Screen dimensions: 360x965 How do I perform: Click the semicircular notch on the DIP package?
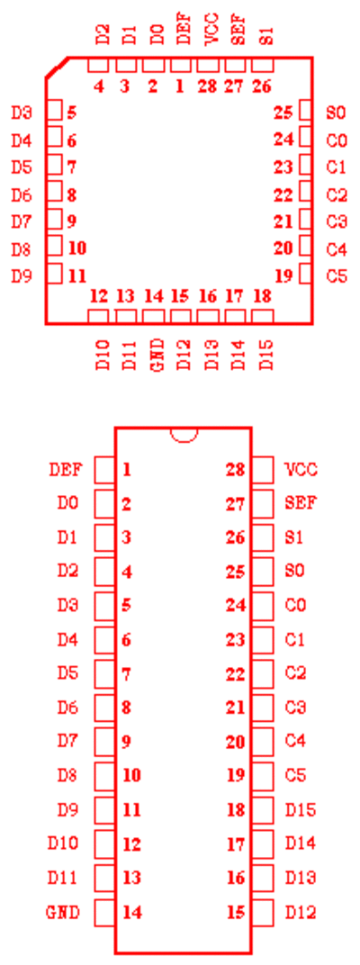[x=184, y=439]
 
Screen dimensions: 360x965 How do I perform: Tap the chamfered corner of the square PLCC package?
[x=56, y=68]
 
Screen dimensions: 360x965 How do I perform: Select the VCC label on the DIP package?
[x=301, y=470]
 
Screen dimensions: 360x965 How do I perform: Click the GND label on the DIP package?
[x=63, y=912]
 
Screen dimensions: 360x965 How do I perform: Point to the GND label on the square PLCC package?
[x=157, y=355]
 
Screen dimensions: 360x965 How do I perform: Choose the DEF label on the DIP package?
[x=65, y=470]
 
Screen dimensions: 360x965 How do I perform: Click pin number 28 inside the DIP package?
[x=236, y=470]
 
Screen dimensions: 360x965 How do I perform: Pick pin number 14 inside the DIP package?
[x=132, y=912]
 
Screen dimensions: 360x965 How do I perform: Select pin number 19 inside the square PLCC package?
[x=283, y=275]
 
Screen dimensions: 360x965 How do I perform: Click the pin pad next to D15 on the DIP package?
[x=263, y=809]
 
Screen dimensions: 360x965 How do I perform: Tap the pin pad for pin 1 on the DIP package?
[x=104, y=470]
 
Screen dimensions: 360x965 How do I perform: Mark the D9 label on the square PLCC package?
[x=22, y=275]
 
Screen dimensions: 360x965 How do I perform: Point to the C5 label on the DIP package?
[x=296, y=775]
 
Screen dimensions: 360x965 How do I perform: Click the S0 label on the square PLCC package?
[x=337, y=113]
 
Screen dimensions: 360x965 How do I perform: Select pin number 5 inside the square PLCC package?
[x=72, y=113]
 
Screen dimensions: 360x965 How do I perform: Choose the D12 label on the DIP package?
[x=301, y=912]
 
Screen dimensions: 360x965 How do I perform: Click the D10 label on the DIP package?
[x=63, y=843]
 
